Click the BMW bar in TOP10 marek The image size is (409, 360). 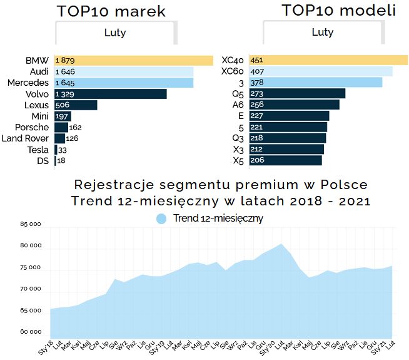click(x=134, y=61)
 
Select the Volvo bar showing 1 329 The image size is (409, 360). click(x=111, y=94)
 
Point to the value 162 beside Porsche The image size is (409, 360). click(x=76, y=127)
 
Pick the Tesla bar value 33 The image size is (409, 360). click(x=63, y=150)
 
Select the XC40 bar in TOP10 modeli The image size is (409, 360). click(x=328, y=60)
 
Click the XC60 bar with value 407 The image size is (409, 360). click(x=321, y=71)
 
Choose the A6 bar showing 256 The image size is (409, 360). click(x=294, y=105)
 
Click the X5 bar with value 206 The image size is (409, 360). click(x=285, y=160)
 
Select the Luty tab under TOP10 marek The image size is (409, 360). click(x=114, y=33)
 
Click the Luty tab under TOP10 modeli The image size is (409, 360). click(x=322, y=32)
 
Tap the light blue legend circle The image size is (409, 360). click(x=161, y=219)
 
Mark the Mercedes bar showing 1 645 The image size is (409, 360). click(x=124, y=83)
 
